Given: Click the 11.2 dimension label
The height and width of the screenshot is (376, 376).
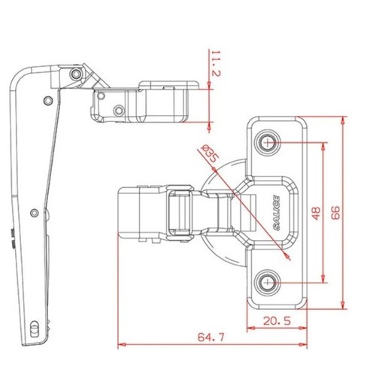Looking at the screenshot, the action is coord(216,63).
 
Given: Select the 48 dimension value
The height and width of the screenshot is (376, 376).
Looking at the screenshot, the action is coord(317,213).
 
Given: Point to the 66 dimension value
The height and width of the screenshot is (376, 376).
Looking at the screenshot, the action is coord(335,213).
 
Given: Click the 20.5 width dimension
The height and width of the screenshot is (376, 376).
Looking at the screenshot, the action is coord(277,321).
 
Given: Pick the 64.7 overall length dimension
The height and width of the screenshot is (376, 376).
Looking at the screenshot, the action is coord(211,337).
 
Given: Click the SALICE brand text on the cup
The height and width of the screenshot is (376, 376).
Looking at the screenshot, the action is coord(276,213).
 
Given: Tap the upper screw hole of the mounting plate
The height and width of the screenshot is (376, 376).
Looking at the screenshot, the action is coord(268,143).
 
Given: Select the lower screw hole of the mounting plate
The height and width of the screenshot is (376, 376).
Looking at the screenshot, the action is coord(268,283).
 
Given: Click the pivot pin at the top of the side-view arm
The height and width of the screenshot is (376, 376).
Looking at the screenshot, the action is coord(76,74).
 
